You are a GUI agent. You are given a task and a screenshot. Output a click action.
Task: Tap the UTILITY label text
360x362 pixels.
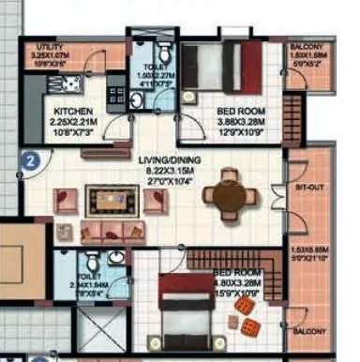point(50,46)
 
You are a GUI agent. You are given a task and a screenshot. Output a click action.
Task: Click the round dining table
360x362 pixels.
point(231,196)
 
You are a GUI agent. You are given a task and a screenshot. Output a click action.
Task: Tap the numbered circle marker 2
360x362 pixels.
point(30,159)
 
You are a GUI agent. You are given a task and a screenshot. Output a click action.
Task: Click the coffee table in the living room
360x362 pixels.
point(106,200)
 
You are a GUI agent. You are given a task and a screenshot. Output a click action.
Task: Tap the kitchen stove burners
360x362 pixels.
point(116,95)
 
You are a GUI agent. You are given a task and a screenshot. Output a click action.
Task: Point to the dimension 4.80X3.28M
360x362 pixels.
point(233,280)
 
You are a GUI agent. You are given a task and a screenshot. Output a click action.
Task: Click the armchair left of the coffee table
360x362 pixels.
point(65,200)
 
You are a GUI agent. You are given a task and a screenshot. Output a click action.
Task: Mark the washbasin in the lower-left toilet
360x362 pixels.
point(116,256)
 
